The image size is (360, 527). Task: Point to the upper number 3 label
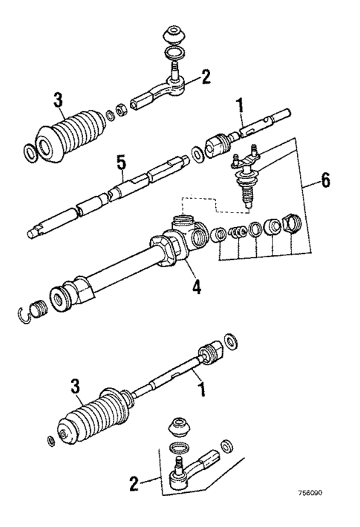(59, 99)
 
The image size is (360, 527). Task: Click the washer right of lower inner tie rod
(232, 341)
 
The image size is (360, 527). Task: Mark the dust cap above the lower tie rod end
(179, 427)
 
